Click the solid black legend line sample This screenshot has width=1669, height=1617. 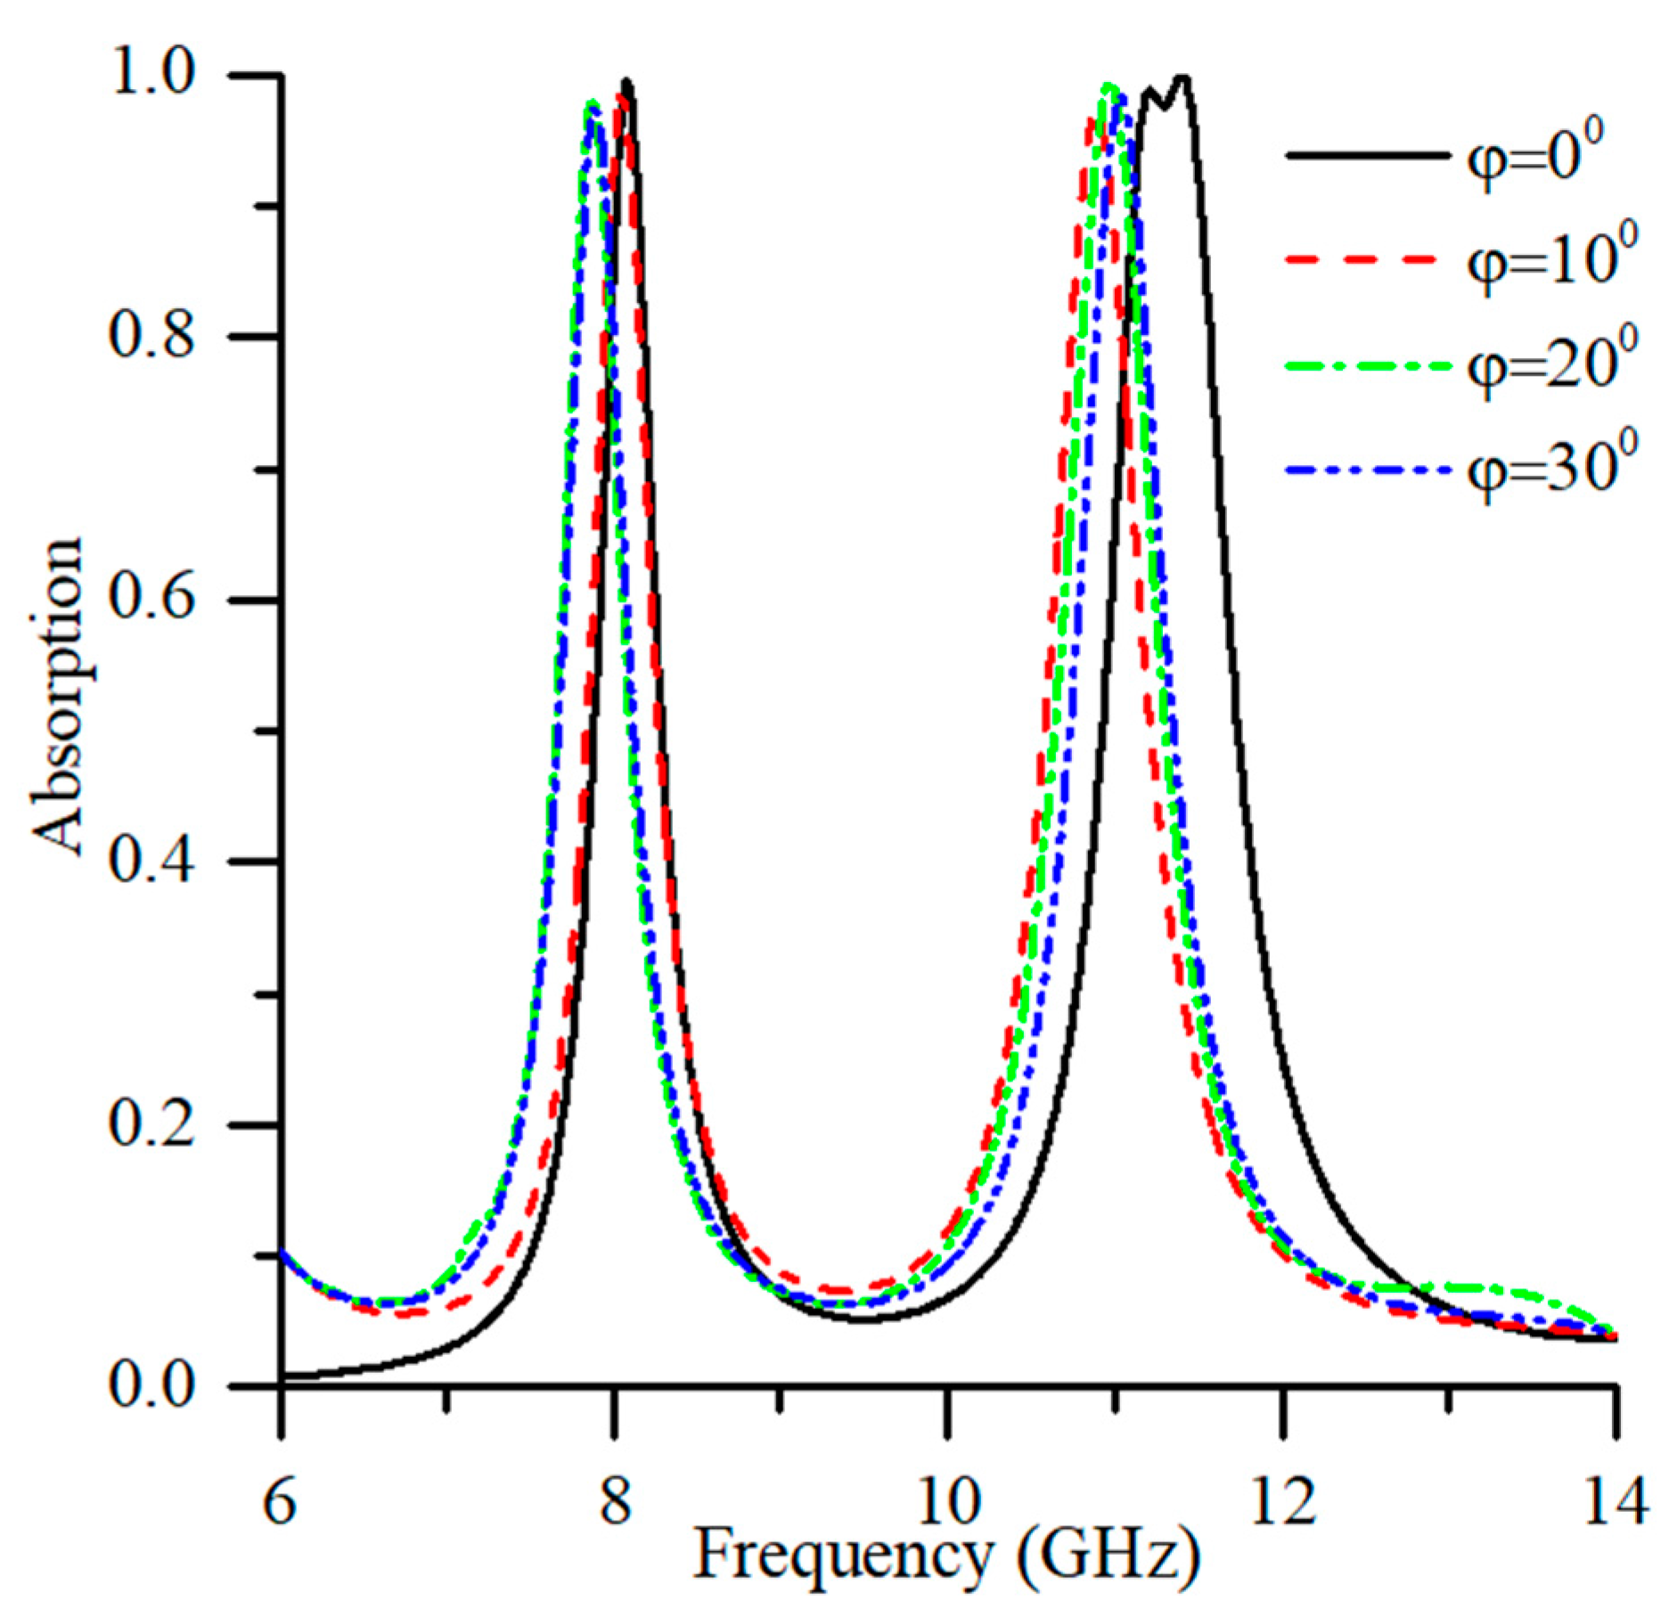point(1368,156)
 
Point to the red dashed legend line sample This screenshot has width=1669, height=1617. point(1368,260)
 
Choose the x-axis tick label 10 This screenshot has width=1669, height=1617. point(947,1501)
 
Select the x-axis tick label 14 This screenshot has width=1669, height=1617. point(1615,1501)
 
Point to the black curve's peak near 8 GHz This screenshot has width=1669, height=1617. point(627,82)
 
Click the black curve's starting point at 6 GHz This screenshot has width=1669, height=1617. point(282,1377)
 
